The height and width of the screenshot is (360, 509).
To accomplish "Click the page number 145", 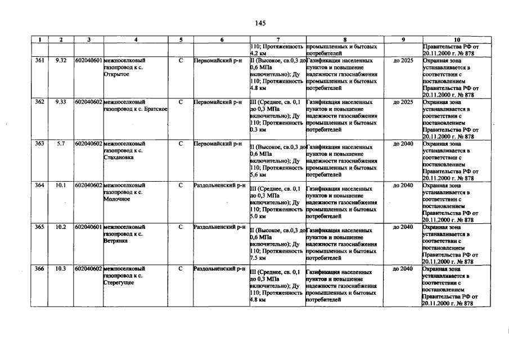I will point(260,23).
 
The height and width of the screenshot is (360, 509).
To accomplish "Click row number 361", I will point(39,60).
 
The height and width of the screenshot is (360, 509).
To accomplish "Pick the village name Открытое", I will point(116,74).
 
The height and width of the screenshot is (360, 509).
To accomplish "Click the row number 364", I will point(39,185).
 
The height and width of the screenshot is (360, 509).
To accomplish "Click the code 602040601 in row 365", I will point(88,227).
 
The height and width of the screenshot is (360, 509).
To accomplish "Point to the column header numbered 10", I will point(456,40).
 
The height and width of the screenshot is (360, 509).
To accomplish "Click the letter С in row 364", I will point(181,185).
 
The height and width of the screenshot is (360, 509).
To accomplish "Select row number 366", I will point(39,269).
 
